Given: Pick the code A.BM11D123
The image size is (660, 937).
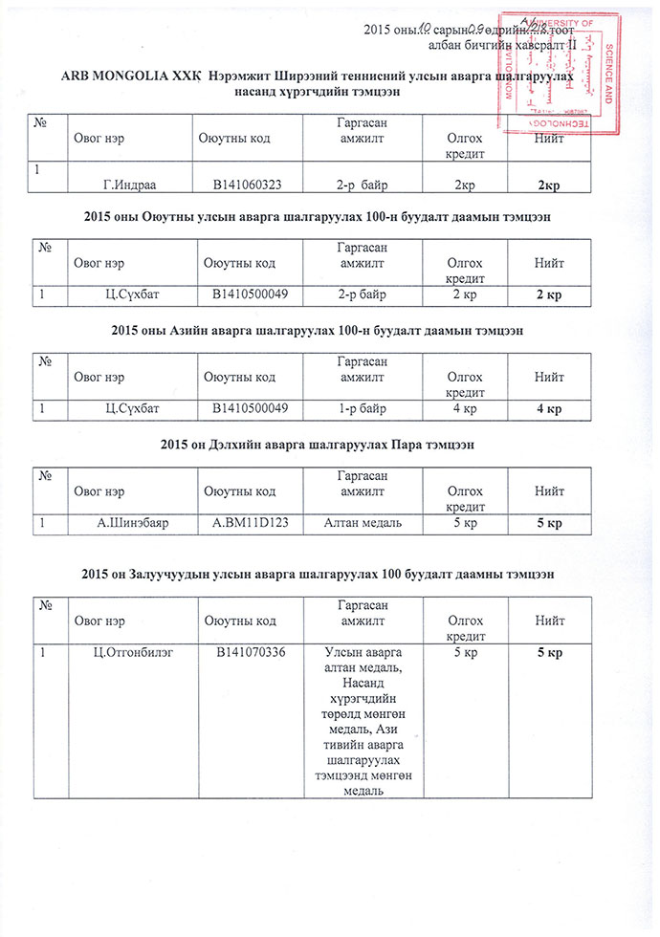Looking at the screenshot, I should pyautogui.click(x=250, y=523).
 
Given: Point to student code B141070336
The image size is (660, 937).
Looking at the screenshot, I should pyautogui.click(x=252, y=653).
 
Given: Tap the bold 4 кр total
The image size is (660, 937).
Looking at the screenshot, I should pyautogui.click(x=548, y=409).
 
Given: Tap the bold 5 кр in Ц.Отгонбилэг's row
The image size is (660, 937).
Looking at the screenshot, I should pyautogui.click(x=548, y=653).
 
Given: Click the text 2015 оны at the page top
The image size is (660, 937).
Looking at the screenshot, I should pyautogui.click(x=388, y=27).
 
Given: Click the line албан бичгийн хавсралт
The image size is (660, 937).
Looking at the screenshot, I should pyautogui.click(x=498, y=44).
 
